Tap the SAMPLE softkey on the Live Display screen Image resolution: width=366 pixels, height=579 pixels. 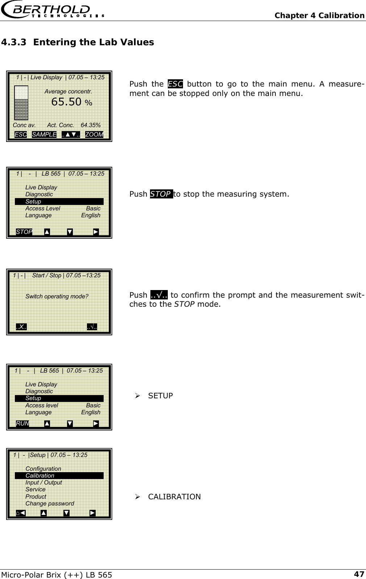pyautogui.click(x=44, y=134)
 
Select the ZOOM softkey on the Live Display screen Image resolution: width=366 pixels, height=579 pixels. pyautogui.click(x=94, y=134)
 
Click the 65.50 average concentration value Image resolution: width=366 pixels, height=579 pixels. pyautogui.click(x=66, y=102)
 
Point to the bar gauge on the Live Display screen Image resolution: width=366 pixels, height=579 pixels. pyautogui.click(x=21, y=103)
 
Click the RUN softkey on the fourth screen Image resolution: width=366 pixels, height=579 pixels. pyautogui.click(x=22, y=423)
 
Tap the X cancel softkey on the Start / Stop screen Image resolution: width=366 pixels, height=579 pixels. pyautogui.click(x=21, y=327)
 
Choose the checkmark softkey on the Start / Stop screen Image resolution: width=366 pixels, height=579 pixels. pyautogui.click(x=92, y=327)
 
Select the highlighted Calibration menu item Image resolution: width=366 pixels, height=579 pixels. pyautogui.click(x=40, y=475)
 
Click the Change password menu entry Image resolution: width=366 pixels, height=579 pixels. pyautogui.click(x=50, y=503)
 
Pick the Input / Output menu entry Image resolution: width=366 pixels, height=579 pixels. pyautogui.click(x=43, y=482)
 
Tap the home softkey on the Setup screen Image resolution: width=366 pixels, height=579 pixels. pyautogui.click(x=21, y=513)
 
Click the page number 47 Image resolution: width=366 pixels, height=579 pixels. pyautogui.click(x=359, y=574)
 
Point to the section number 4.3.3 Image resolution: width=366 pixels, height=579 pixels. pyautogui.click(x=13, y=42)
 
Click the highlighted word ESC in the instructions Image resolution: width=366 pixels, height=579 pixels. pyautogui.click(x=175, y=84)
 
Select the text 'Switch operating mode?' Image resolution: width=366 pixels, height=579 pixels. pyautogui.click(x=57, y=296)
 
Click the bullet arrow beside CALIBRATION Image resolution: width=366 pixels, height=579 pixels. pyautogui.click(x=138, y=497)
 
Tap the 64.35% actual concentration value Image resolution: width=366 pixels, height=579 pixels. pyautogui.click(x=91, y=125)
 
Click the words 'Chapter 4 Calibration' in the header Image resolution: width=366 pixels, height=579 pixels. pyautogui.click(x=319, y=15)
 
